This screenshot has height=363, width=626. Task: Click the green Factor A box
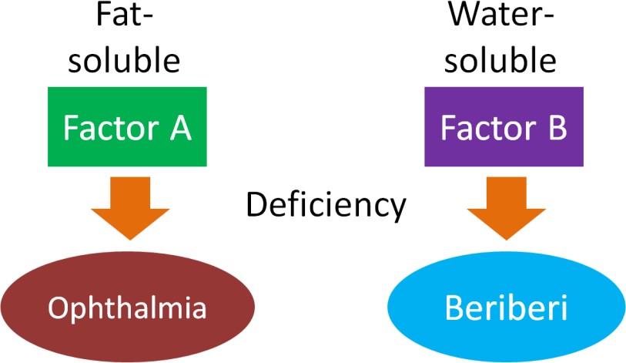coord(126,127)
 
